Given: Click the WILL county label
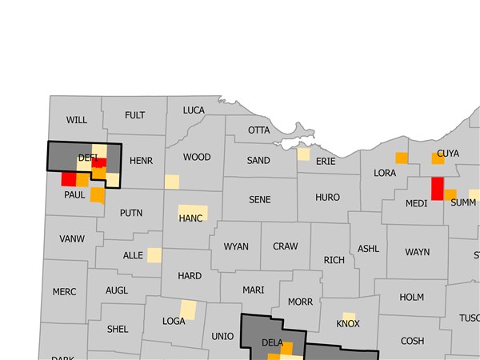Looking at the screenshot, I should click(77, 120).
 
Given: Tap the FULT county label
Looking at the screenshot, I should click(135, 115).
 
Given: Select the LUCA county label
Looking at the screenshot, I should click(194, 110).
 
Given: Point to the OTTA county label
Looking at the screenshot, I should click(259, 130).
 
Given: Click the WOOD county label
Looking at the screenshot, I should click(197, 158).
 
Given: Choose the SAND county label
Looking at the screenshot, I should click(258, 161).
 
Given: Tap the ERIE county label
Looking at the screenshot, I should click(326, 162).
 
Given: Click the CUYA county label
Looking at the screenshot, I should click(448, 153).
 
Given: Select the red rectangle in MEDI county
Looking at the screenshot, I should click(437, 188).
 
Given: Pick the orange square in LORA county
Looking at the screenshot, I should click(402, 157).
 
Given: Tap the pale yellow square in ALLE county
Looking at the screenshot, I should click(154, 255).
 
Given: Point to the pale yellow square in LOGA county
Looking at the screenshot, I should click(187, 310).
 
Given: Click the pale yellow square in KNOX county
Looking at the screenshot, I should click(349, 318).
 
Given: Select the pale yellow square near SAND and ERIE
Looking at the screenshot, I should click(303, 154).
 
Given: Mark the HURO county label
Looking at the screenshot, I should click(327, 198).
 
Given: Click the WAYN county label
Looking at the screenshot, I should click(417, 253).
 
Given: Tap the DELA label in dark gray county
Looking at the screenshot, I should click(272, 344).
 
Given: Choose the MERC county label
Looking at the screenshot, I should click(64, 292).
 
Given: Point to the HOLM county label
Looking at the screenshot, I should click(411, 298).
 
